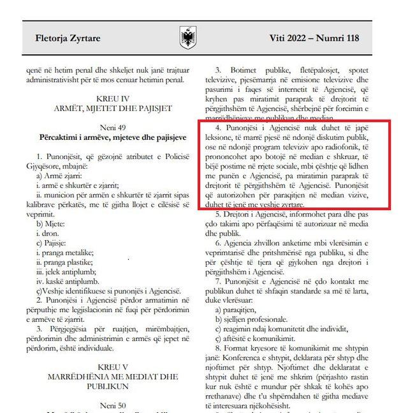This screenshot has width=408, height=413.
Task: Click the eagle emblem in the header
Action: click(188, 38)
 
